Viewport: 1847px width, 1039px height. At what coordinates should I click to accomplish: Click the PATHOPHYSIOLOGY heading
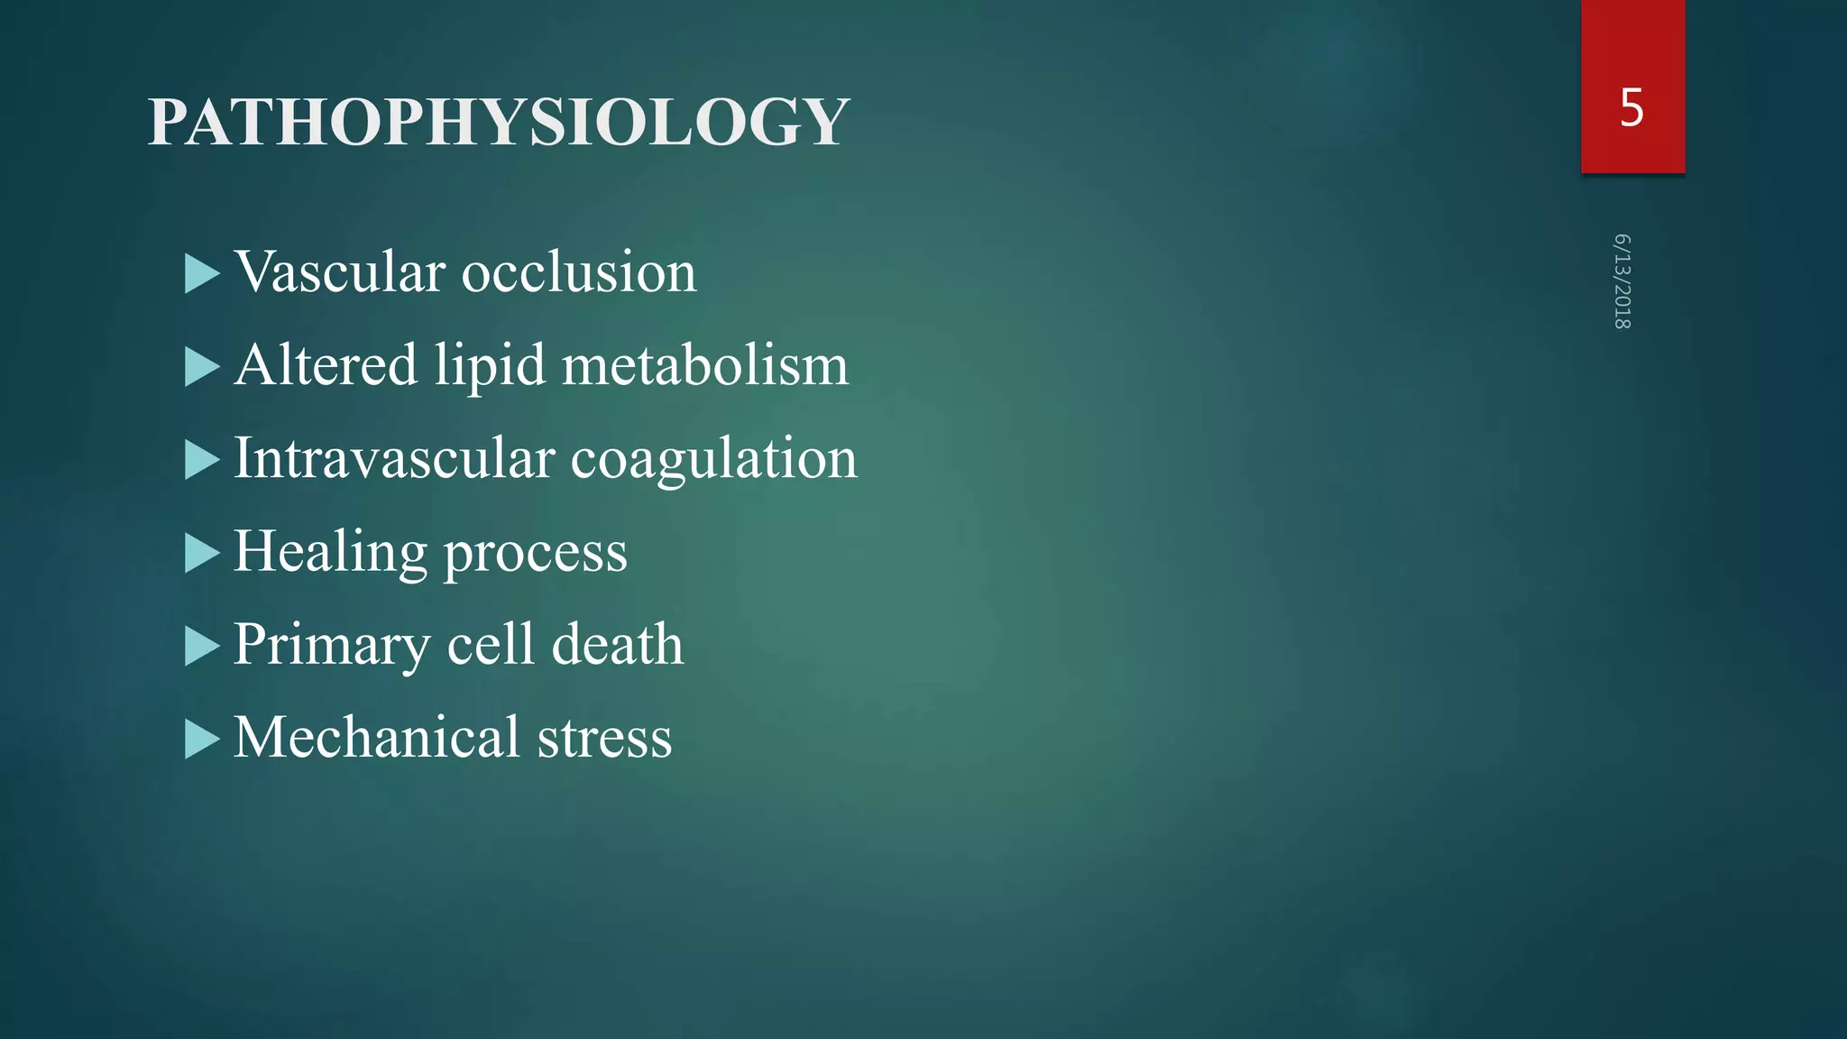[498, 122]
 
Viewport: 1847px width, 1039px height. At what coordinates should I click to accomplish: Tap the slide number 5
[1631, 108]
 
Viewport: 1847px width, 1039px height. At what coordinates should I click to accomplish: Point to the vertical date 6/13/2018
[1622, 281]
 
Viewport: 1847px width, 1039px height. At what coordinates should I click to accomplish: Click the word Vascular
[340, 271]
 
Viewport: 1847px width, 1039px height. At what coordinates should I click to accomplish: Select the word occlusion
[579, 271]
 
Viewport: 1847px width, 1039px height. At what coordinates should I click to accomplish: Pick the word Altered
[326, 365]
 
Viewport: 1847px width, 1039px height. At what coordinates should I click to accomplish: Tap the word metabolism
[704, 365]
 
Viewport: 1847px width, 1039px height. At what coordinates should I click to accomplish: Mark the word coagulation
[713, 460]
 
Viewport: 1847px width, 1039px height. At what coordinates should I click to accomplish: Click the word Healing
[330, 552]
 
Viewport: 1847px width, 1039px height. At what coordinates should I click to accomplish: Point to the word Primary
[332, 646]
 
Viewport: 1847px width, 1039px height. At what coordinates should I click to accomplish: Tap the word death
[618, 644]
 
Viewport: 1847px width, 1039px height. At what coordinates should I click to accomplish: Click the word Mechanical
[377, 738]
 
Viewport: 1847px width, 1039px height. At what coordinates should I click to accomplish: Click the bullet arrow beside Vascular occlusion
[202, 274]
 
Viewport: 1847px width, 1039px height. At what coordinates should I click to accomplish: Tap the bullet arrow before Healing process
[202, 554]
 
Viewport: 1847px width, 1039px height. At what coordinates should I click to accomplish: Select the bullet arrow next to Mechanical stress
[202, 740]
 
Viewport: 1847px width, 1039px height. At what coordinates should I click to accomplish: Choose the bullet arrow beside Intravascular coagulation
[202, 461]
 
